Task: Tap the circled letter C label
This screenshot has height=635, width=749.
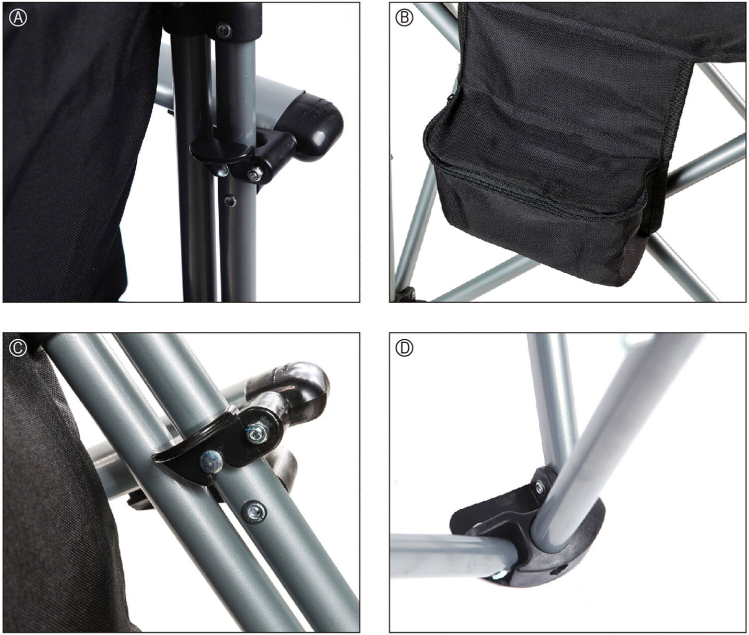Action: (x=18, y=348)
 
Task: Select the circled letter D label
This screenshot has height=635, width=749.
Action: (x=404, y=348)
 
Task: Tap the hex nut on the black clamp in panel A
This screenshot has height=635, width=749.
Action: (x=255, y=175)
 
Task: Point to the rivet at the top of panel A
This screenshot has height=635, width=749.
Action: (x=224, y=30)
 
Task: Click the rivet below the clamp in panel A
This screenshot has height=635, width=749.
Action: (x=229, y=200)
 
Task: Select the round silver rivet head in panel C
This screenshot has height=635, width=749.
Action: (x=210, y=461)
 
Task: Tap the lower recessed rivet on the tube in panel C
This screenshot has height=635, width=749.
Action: (x=255, y=512)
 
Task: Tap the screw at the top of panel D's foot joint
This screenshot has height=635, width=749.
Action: (x=540, y=488)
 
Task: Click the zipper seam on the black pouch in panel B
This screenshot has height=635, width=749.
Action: (x=536, y=188)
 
